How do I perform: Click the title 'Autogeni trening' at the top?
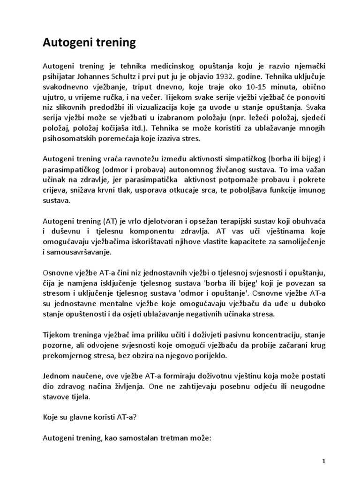pos(89,44)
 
